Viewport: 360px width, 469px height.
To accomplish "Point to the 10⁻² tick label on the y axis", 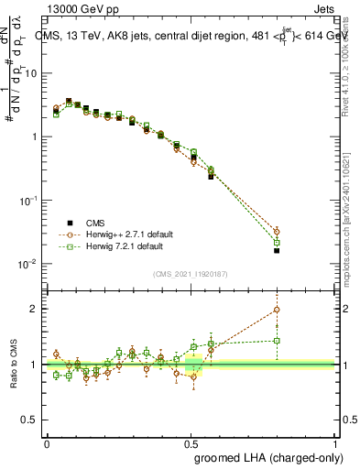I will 29,264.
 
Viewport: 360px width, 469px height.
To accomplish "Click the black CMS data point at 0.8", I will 277,250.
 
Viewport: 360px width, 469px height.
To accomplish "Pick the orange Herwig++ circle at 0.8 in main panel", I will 277,231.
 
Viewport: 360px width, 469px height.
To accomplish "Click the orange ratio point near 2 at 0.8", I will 277,310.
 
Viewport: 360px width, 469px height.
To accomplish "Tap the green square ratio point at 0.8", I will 277,341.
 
